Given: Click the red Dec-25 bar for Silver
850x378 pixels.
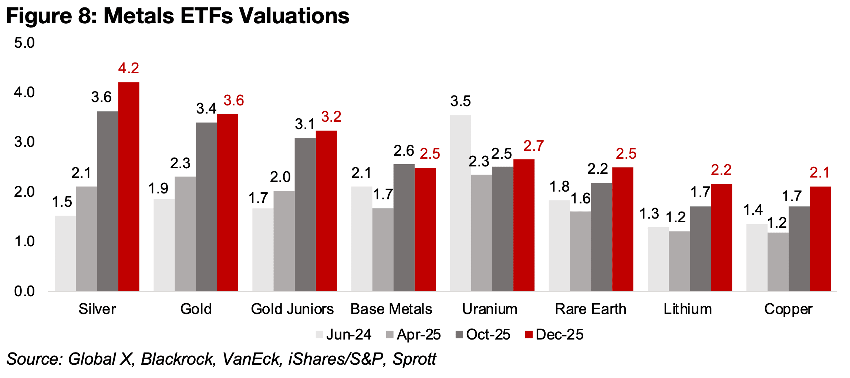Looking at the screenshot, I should click(x=128, y=186).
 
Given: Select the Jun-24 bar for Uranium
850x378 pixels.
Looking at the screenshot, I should click(x=461, y=203).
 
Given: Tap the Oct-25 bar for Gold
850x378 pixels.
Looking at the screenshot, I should click(x=206, y=207).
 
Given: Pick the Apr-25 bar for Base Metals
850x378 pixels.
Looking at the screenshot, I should click(x=383, y=250).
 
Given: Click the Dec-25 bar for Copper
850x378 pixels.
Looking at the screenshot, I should click(x=820, y=239).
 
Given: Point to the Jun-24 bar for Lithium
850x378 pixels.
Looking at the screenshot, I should click(x=658, y=259).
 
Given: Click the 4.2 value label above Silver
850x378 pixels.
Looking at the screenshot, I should click(x=128, y=68).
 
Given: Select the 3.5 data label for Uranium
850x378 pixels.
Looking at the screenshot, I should click(x=460, y=101).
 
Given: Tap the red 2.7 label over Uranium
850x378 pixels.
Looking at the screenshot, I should click(x=533, y=146).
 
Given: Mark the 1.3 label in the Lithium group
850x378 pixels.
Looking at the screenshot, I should click(x=649, y=214).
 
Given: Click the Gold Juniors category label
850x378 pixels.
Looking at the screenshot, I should click(x=292, y=309).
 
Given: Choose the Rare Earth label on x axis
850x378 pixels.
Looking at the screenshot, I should click(x=591, y=309).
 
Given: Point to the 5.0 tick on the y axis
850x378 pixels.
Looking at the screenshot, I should click(x=24, y=43).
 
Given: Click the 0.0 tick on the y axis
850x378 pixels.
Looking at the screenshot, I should click(x=24, y=291).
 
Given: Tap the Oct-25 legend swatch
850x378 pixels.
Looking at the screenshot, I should click(x=459, y=335).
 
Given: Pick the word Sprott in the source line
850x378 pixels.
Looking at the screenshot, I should click(x=414, y=359).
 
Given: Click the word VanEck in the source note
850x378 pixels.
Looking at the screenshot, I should click(x=251, y=359).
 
